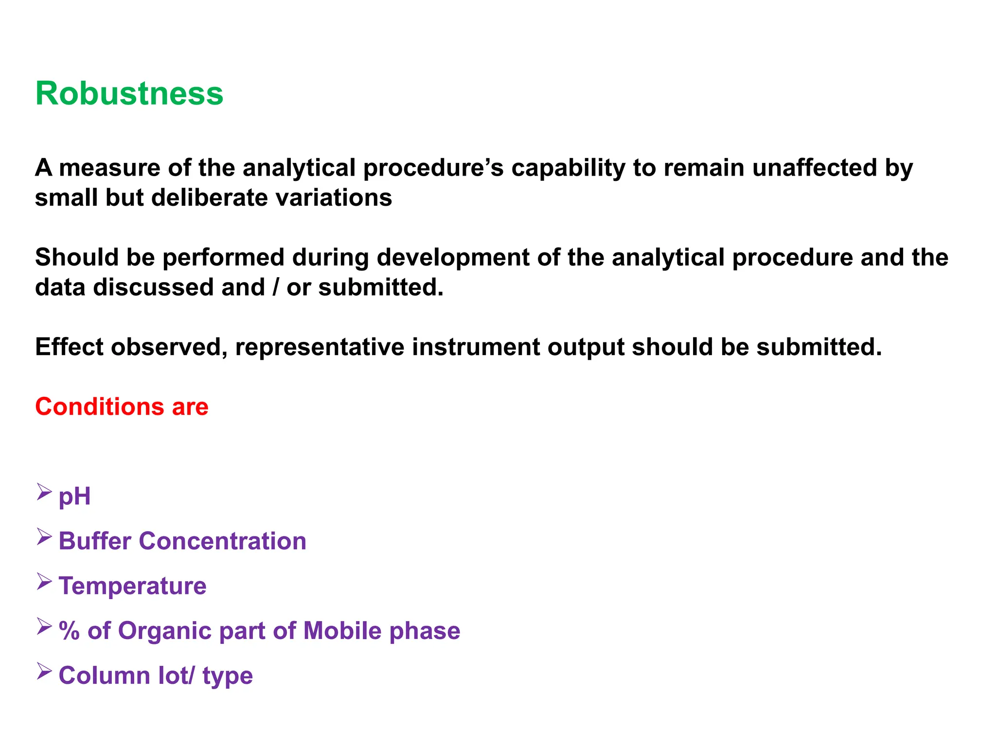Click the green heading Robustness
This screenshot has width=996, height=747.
pos(129,93)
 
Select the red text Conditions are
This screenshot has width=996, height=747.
pos(122,407)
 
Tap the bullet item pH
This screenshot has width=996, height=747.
pos(74,497)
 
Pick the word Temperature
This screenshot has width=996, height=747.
pos(132,586)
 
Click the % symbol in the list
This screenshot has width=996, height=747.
pos(69,631)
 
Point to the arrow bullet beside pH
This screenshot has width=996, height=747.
pos(44,492)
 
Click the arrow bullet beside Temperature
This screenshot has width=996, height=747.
pos(44,582)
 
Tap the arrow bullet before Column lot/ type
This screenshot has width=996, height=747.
pos(44,672)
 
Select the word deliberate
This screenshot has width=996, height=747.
pos(209,198)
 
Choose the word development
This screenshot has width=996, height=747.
pos(453,257)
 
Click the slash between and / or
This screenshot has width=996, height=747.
pos(276,287)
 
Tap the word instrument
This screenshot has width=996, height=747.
pos(476,347)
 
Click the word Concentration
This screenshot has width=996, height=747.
pos(222,541)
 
